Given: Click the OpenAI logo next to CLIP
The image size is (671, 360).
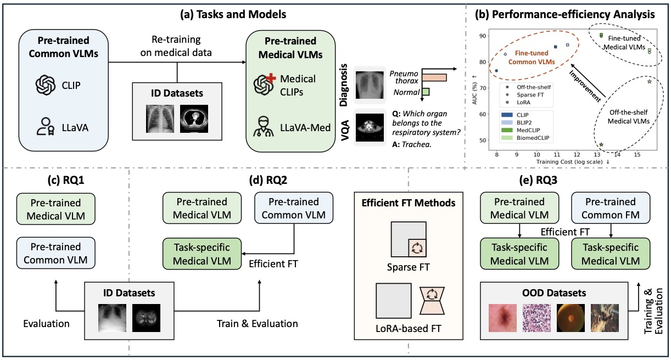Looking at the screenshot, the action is click(46, 85).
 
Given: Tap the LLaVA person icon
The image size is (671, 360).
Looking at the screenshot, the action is click(45, 126).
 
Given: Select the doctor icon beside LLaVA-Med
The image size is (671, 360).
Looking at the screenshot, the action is click(264, 127).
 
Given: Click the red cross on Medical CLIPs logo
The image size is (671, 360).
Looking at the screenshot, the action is click(271, 78).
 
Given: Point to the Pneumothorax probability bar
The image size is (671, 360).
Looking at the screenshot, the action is click(434, 77).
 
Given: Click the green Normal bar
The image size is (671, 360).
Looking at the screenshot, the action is click(426, 92).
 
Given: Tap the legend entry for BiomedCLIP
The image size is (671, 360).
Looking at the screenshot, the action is click(525, 138).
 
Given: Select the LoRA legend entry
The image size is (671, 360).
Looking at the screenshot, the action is click(518, 103).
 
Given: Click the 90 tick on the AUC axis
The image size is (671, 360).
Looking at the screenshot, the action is click(483, 36).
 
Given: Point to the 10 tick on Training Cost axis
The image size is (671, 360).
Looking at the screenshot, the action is click(536, 155).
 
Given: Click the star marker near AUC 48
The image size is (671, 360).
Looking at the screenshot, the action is click(601, 145).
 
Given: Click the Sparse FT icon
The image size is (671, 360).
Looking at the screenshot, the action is click(409, 239).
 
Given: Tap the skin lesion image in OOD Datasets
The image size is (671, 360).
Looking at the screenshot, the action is click(502, 318).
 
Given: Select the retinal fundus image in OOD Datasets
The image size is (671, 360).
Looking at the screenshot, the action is click(571, 318).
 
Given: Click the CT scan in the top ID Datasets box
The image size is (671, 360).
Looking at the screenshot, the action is click(194, 119).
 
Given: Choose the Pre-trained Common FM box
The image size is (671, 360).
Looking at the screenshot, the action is click(611, 208).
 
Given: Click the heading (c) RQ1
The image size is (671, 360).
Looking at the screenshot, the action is click(65, 180).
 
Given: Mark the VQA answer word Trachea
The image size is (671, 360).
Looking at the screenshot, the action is click(416, 144).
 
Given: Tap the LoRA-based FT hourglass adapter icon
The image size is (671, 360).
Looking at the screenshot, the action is click(432, 301).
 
